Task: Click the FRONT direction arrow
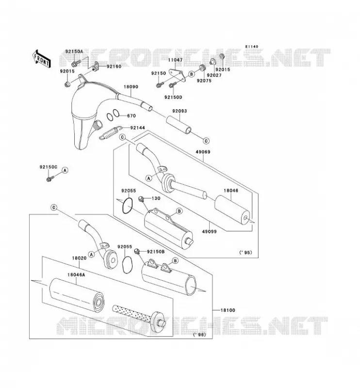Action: click(42, 59)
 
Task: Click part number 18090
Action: click(131, 87)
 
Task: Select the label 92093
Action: click(180, 111)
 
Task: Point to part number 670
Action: click(131, 116)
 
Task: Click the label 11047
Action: click(175, 60)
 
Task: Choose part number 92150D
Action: click(173, 97)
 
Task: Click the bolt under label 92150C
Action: click(49, 178)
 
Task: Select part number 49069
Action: click(203, 152)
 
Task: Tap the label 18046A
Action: click(76, 275)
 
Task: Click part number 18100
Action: click(228, 310)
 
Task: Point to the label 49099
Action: click(209, 232)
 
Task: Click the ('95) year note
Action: click(245, 252)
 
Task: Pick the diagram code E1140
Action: click(251, 47)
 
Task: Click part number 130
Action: click(156, 198)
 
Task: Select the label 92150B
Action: click(156, 252)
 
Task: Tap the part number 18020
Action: click(79, 258)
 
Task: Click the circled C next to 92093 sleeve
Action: click(206, 141)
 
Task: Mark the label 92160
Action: click(114, 66)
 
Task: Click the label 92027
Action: click(214, 75)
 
